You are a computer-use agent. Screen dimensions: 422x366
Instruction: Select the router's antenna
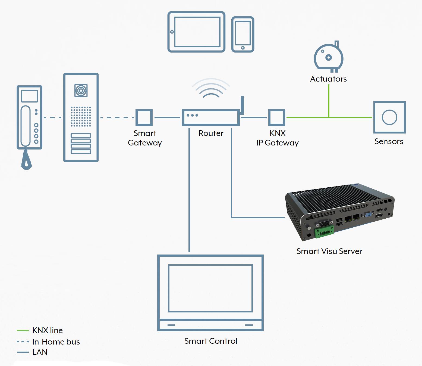242,105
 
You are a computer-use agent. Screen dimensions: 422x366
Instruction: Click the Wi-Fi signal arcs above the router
211,88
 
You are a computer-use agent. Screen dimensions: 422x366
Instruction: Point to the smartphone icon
243,34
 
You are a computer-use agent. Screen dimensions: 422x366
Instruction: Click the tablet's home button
172,32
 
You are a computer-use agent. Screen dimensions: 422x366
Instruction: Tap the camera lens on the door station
81,90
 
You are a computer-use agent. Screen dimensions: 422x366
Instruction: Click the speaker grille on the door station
81,116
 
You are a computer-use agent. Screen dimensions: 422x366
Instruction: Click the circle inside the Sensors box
389,117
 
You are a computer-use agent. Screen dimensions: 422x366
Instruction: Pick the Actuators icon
329,57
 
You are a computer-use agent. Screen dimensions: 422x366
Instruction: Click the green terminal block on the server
324,232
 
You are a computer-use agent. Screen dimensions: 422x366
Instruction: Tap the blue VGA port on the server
368,215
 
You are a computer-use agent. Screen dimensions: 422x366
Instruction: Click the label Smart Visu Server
329,251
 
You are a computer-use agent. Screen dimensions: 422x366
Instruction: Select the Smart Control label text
211,341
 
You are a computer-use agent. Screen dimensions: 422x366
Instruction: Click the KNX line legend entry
40,330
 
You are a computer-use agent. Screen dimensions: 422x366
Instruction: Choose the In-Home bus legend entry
48,342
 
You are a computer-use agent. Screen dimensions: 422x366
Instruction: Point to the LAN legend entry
32,352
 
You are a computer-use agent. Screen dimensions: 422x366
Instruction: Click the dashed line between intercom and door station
52,117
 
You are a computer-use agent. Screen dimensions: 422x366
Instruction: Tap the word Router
211,133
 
